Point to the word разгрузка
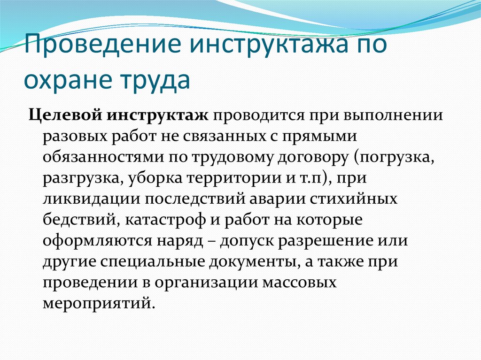[x=83, y=178]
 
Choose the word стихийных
[x=353, y=199]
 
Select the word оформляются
[x=97, y=241]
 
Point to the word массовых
[x=299, y=283]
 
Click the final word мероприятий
[x=97, y=303]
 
